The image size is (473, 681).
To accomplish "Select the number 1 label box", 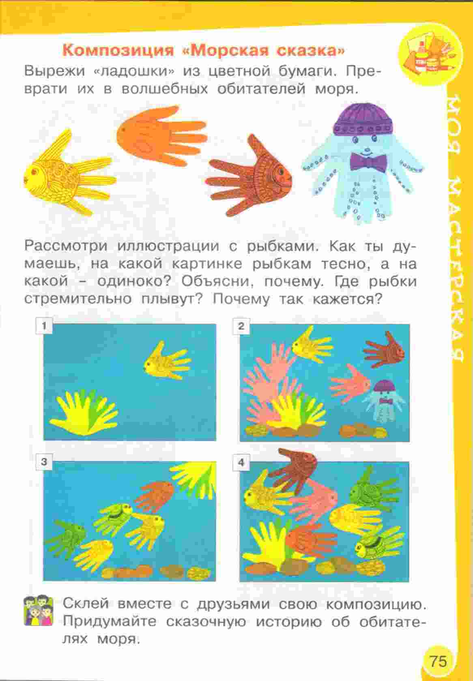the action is [44, 326].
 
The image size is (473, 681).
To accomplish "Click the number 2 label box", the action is [241, 326].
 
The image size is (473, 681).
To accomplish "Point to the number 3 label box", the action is [44, 462].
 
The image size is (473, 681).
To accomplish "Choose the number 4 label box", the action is [241, 462].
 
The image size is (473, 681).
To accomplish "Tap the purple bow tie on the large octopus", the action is [368, 162].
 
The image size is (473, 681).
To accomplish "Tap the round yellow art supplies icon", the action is [430, 56].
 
